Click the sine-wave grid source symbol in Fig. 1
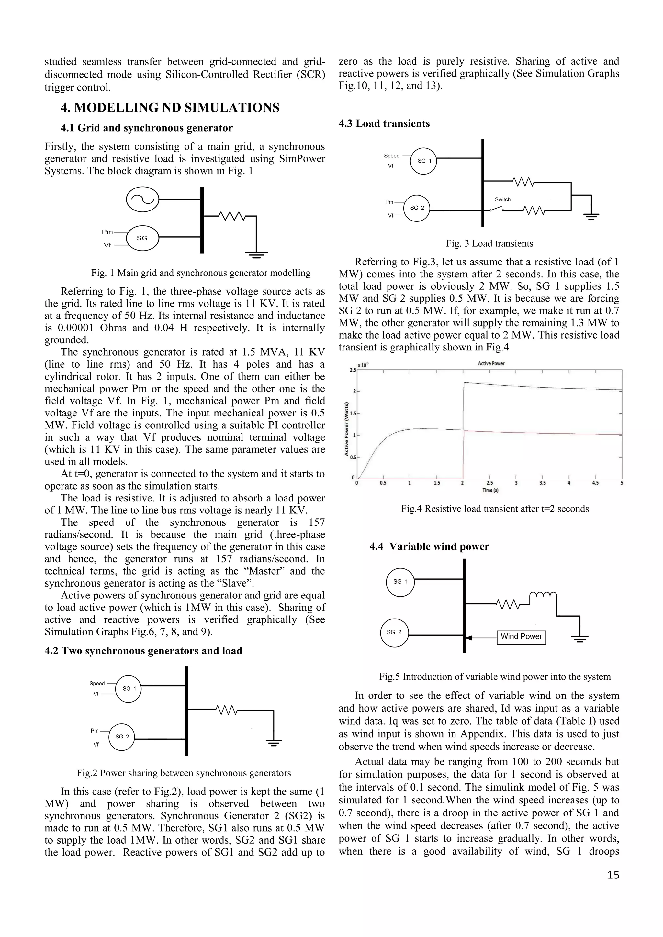point(142,199)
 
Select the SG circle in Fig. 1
point(142,238)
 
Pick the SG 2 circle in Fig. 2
point(122,736)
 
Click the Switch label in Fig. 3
point(502,199)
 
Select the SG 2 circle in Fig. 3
point(417,208)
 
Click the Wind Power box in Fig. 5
point(521,637)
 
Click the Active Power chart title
point(491,364)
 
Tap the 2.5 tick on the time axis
point(489,483)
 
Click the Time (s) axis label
point(490,490)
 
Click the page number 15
point(613,875)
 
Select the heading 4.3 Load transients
point(384,124)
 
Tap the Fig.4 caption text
point(495,509)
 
